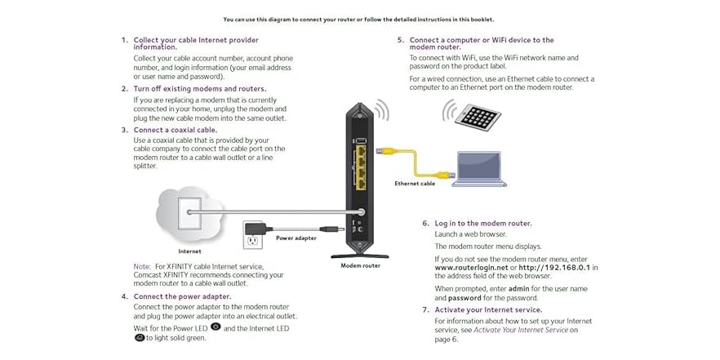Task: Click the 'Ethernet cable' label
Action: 415,184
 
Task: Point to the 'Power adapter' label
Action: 296,238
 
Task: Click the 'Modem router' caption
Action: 360,265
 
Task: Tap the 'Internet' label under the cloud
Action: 189,251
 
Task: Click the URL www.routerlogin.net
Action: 472,267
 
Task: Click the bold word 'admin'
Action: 519,289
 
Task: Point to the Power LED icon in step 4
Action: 216,327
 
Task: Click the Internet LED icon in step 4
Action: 140,337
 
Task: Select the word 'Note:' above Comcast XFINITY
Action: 142,267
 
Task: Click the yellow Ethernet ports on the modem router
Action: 360,163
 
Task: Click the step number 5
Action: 400,40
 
